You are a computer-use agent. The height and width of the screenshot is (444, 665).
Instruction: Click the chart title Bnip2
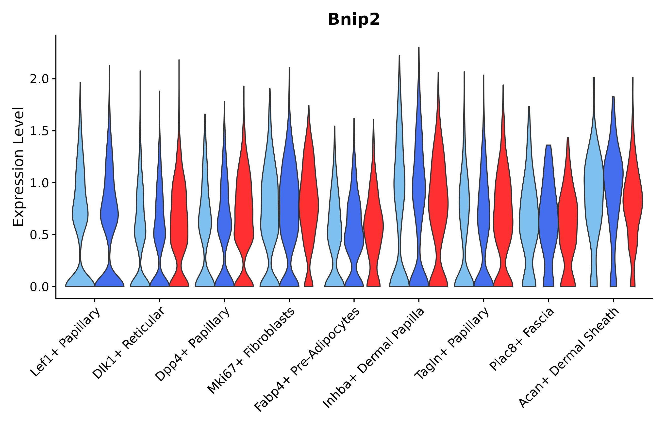coord(353,20)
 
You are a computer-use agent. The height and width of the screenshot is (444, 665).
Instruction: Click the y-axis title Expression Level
coord(18,166)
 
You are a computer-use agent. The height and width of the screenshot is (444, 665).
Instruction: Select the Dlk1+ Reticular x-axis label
coord(129,343)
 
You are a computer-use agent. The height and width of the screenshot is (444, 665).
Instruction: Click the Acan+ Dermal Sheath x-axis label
coord(569,358)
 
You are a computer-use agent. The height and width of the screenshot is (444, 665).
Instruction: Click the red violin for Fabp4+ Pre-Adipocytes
coord(373,226)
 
